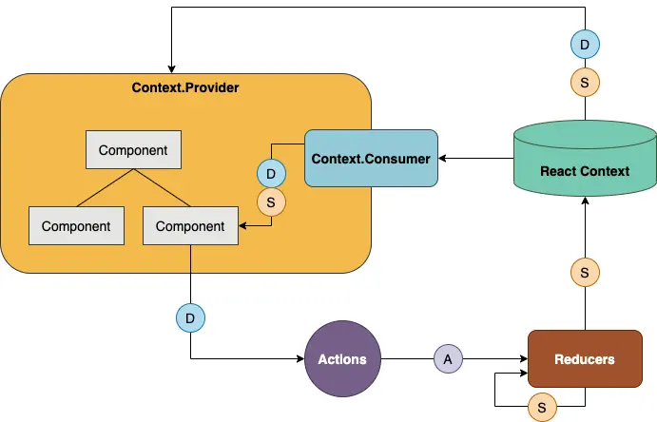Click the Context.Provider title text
pyautogui.click(x=185, y=87)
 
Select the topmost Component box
pyautogui.click(x=133, y=150)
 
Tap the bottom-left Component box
pyautogui.click(x=76, y=226)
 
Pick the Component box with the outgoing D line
pyautogui.click(x=190, y=226)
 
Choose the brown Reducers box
pyautogui.click(x=584, y=359)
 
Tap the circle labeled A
pyautogui.click(x=448, y=359)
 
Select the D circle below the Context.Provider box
pyautogui.click(x=190, y=316)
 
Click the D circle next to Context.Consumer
pyautogui.click(x=272, y=174)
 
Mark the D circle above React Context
pyautogui.click(x=584, y=44)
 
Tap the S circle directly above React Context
pyautogui.click(x=584, y=83)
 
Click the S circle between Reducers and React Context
pyautogui.click(x=584, y=273)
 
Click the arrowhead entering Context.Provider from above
pyautogui.click(x=171, y=68)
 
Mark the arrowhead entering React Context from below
pyautogui.click(x=584, y=205)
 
